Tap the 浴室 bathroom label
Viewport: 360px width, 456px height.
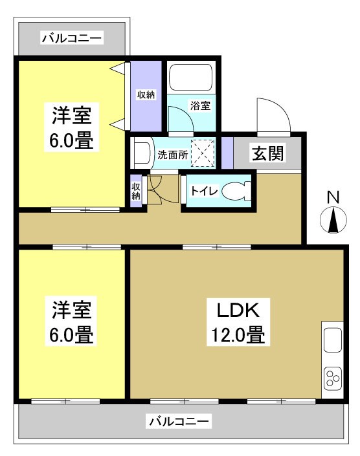coord(200,106)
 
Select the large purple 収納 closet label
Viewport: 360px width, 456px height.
coord(146,96)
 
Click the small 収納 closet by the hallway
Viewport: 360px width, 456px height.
coord(137,191)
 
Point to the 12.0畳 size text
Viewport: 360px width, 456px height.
coord(237,336)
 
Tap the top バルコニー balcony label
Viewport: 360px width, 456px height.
coord(71,39)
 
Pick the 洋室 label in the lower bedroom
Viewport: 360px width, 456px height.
coord(72,309)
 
